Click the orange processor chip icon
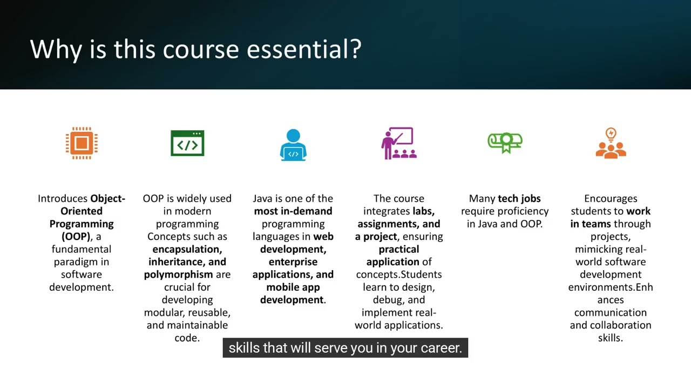click(x=82, y=143)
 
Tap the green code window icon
click(x=187, y=143)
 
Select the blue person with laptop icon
click(x=293, y=145)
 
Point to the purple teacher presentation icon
click(x=399, y=143)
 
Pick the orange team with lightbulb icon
click(x=611, y=143)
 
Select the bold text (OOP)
click(x=76, y=237)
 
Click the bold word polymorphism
click(x=178, y=274)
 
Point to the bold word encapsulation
click(x=187, y=249)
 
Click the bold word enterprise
click(x=293, y=262)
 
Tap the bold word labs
click(x=423, y=211)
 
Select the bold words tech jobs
click(x=519, y=199)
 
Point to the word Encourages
click(x=611, y=199)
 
